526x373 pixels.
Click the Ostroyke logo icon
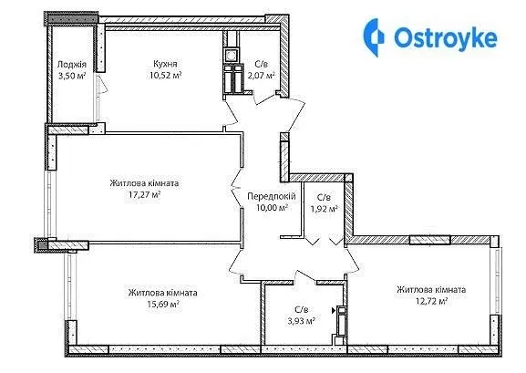(374, 37)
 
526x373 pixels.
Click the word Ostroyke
(446, 38)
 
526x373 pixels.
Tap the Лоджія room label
(72, 64)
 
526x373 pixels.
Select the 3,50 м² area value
(72, 76)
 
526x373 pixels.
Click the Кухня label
(165, 64)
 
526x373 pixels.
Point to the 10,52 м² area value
(166, 75)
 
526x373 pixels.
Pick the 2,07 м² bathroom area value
(262, 75)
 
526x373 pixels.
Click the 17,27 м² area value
(144, 194)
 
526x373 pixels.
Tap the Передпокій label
(272, 196)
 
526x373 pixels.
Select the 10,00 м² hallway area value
(272, 208)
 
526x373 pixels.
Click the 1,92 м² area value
(324, 209)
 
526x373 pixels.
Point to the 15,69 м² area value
(162, 305)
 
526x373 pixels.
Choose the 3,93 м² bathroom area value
(301, 321)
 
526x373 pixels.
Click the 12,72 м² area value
(432, 301)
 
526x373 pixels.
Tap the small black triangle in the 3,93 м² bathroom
(334, 311)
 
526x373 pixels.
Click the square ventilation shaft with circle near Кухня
(232, 55)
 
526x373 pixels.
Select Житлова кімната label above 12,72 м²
(431, 289)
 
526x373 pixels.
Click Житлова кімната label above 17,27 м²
(144, 183)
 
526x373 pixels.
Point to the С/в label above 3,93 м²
(301, 309)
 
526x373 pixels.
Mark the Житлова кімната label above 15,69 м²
(162, 293)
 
